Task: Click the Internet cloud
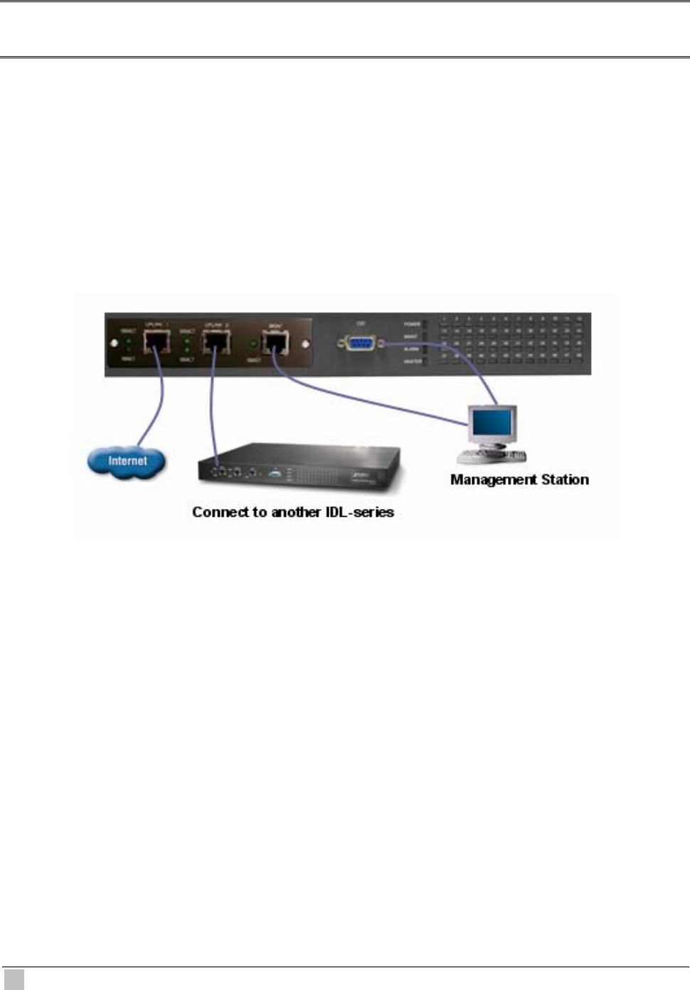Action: point(127,462)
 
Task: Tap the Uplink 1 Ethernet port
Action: point(156,344)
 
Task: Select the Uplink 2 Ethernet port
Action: point(216,344)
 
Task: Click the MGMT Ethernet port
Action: point(275,344)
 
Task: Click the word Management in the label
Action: point(494,480)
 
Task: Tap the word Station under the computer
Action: point(565,480)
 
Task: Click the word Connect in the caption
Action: point(218,512)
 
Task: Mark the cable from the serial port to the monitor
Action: point(469,367)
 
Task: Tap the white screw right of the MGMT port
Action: point(306,344)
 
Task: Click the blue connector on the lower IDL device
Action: point(275,472)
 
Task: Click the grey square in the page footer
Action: point(14,979)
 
